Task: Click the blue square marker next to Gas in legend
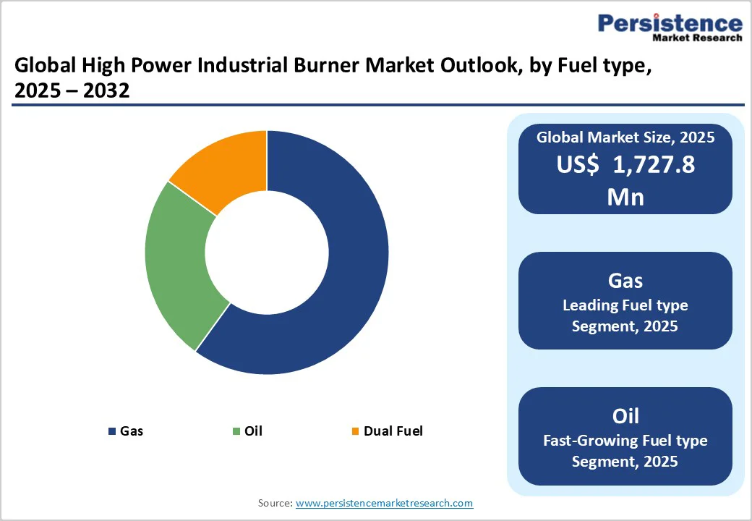[x=112, y=431]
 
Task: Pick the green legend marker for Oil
[x=236, y=431]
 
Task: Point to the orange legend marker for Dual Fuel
[x=354, y=431]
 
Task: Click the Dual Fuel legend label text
[x=393, y=431]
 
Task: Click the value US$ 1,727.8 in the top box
[x=625, y=165]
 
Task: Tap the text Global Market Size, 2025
[x=625, y=137]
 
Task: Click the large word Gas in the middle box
[x=625, y=280]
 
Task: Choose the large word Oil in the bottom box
[x=625, y=415]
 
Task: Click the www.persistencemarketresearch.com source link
[x=384, y=502]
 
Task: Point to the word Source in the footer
[x=275, y=502]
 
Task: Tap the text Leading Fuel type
[x=625, y=305]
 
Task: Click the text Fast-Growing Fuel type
[x=625, y=440]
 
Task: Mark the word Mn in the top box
[x=625, y=195]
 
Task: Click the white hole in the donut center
[x=267, y=253]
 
